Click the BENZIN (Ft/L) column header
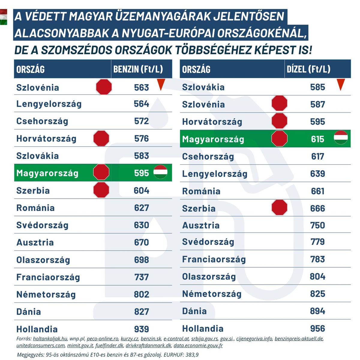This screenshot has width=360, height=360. pyautogui.click(x=138, y=69)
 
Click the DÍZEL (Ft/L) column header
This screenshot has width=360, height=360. pyautogui.click(x=308, y=69)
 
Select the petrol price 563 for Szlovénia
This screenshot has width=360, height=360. pyautogui.click(x=141, y=87)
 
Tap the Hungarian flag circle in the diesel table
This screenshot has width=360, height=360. pyautogui.click(x=341, y=138)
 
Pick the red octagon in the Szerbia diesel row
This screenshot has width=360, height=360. pyautogui.click(x=279, y=208)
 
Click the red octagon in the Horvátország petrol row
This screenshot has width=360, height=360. pyautogui.click(x=101, y=138)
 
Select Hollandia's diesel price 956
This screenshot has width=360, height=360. pyautogui.click(x=317, y=328)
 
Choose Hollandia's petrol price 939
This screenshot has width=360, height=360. pyautogui.click(x=141, y=329)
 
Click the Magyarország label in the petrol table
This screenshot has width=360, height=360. pyautogui.click(x=47, y=173)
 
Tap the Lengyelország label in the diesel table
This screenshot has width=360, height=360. pyautogui.click(x=214, y=174)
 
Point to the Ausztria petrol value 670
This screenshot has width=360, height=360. pyautogui.click(x=141, y=242)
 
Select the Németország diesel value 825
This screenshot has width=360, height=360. pyautogui.click(x=317, y=294)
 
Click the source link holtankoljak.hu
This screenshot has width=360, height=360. pyautogui.click(x=50, y=339)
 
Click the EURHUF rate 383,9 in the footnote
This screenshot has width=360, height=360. pyautogui.click(x=190, y=355)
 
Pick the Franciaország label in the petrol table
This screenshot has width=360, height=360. pyautogui.click(x=48, y=277)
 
